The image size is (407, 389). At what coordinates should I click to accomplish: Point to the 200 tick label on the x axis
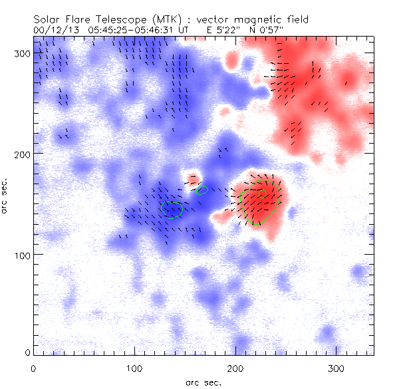click(235, 368)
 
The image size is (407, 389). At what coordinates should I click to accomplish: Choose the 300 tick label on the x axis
click(336, 368)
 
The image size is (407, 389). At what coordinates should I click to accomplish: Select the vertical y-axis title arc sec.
click(5, 197)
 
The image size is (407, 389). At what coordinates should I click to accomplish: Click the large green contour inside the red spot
click(262, 200)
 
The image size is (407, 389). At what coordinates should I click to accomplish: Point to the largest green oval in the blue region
click(172, 209)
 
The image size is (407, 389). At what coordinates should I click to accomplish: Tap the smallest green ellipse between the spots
click(203, 190)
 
